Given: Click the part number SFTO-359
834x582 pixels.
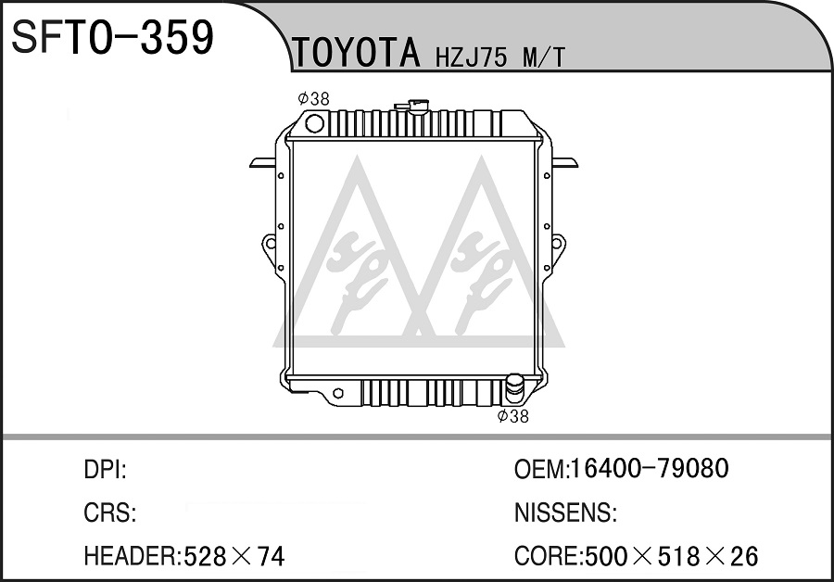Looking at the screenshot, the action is (112, 37).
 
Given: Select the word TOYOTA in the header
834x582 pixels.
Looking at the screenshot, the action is (356, 53).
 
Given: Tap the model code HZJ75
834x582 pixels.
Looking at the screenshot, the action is (472, 57).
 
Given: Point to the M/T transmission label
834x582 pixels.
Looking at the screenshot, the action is (543, 57).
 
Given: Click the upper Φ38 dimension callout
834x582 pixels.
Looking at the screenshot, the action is (314, 98).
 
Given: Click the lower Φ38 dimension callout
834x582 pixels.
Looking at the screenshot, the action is (512, 416).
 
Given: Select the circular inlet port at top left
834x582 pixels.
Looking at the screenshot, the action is (314, 124).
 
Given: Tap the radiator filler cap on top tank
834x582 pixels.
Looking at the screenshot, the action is (414, 106).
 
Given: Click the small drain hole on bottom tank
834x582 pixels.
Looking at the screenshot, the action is (337, 394).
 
